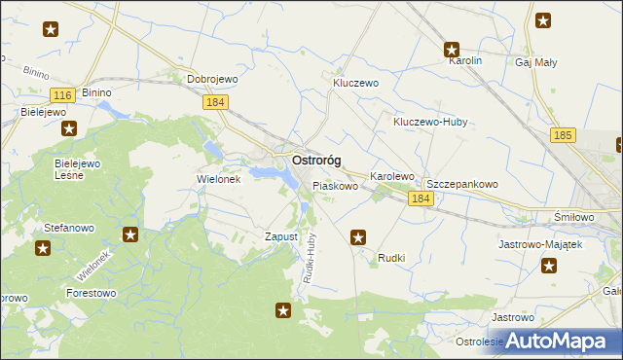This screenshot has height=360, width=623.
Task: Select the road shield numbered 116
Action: pyautogui.click(x=62, y=94)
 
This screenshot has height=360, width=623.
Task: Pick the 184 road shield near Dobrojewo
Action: pyautogui.click(x=216, y=101)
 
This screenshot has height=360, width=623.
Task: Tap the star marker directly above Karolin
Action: pyautogui.click(x=452, y=49)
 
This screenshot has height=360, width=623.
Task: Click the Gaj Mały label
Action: pyautogui.click(x=535, y=62)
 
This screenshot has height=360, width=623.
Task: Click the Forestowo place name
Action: pyautogui.click(x=91, y=292)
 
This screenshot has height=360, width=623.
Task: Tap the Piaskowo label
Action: pyautogui.click(x=335, y=185)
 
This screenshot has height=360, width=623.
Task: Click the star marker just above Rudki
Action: pyautogui.click(x=358, y=235)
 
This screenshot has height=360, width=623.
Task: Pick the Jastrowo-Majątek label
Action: pyautogui.click(x=539, y=244)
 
